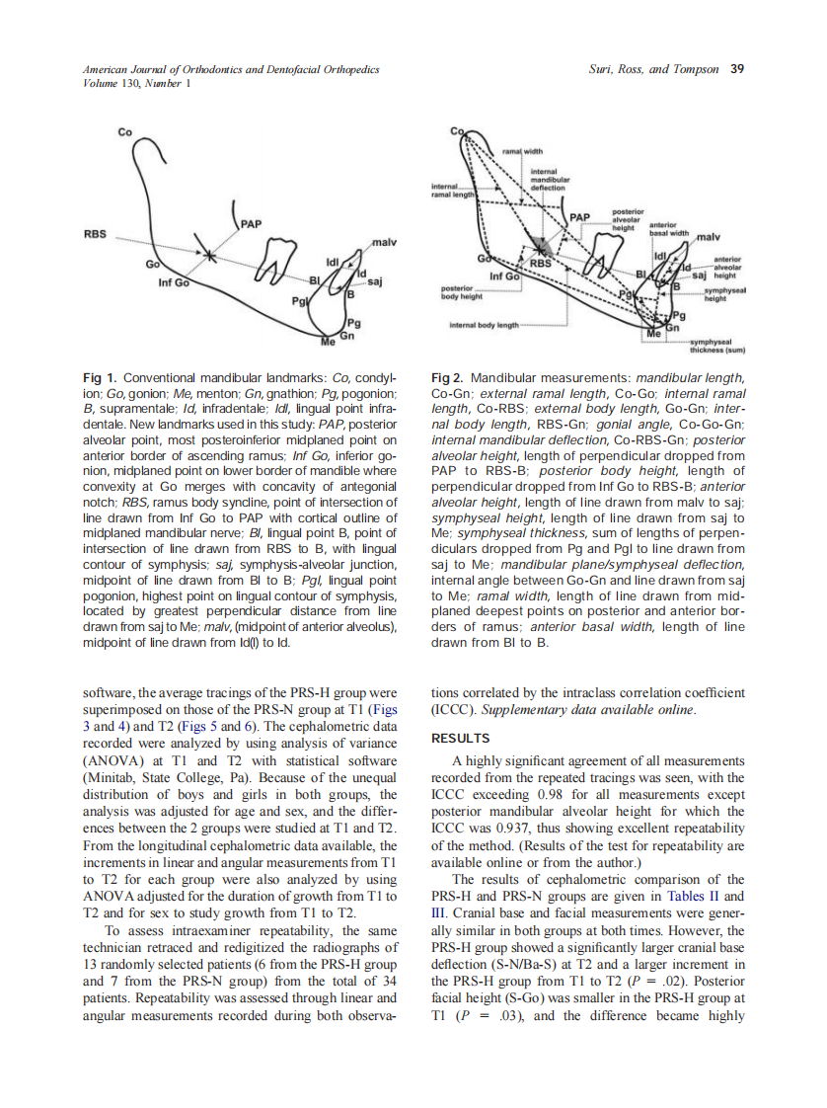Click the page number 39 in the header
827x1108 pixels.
(736, 70)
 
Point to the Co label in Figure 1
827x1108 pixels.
(124, 131)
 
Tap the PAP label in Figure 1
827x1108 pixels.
(251, 224)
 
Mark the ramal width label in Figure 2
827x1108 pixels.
(524, 151)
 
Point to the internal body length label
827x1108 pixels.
(484, 324)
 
